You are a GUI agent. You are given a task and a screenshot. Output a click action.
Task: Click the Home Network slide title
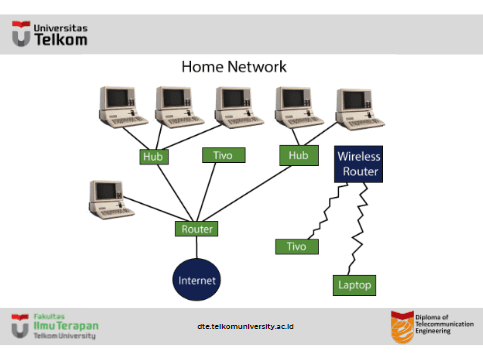pyautogui.click(x=234, y=67)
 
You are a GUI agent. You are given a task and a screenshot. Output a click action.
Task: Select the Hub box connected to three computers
pyautogui.click(x=154, y=156)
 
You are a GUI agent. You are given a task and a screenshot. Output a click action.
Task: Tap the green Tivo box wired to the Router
pyautogui.click(x=222, y=155)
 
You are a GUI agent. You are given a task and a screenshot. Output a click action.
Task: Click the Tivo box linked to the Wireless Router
pyautogui.click(x=296, y=246)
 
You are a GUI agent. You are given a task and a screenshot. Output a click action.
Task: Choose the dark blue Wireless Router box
pyautogui.click(x=357, y=164)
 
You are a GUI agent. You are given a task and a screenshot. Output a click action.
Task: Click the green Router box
pyautogui.click(x=196, y=229)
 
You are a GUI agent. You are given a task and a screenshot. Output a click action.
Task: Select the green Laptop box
pyautogui.click(x=353, y=285)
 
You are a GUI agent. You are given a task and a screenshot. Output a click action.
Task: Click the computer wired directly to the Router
pyautogui.click(x=110, y=198)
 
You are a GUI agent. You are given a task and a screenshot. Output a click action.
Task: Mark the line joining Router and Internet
pyautogui.click(x=196, y=248)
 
